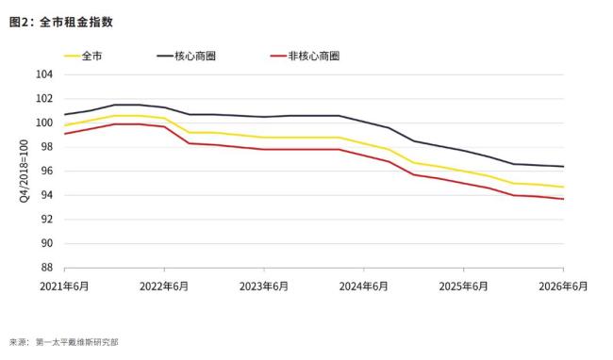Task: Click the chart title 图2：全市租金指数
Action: coord(61,23)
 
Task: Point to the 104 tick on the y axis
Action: coord(44,74)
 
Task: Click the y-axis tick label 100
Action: coord(44,123)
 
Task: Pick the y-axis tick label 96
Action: coord(46,171)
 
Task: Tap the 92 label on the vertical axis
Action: coord(46,219)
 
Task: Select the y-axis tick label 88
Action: coord(46,268)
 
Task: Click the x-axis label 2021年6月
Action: coord(64,286)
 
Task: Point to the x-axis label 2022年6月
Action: coord(164,286)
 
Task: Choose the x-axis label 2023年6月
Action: coord(264,286)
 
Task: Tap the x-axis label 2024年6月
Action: coord(364,286)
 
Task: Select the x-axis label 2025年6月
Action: coord(464,286)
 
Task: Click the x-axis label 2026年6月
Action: coord(563,286)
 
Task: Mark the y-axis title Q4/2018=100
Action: coord(24,171)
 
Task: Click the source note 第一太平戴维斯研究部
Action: coord(77,342)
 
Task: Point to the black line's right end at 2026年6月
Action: coord(563,166)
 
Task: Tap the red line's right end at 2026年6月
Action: coord(563,199)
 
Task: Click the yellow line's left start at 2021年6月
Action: coord(65,125)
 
